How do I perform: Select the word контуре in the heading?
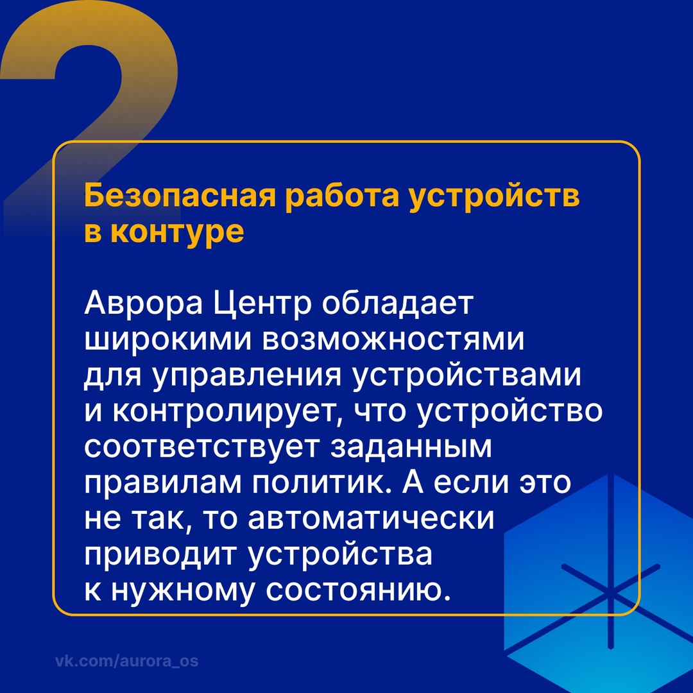pyautogui.click(x=177, y=232)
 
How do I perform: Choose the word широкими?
pyautogui.click(x=167, y=341)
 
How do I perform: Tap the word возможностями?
pyautogui.click(x=392, y=341)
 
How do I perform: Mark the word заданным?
pyautogui.click(x=411, y=449)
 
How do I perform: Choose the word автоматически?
pyautogui.click(x=372, y=520)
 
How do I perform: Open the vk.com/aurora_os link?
pyautogui.click(x=126, y=661)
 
